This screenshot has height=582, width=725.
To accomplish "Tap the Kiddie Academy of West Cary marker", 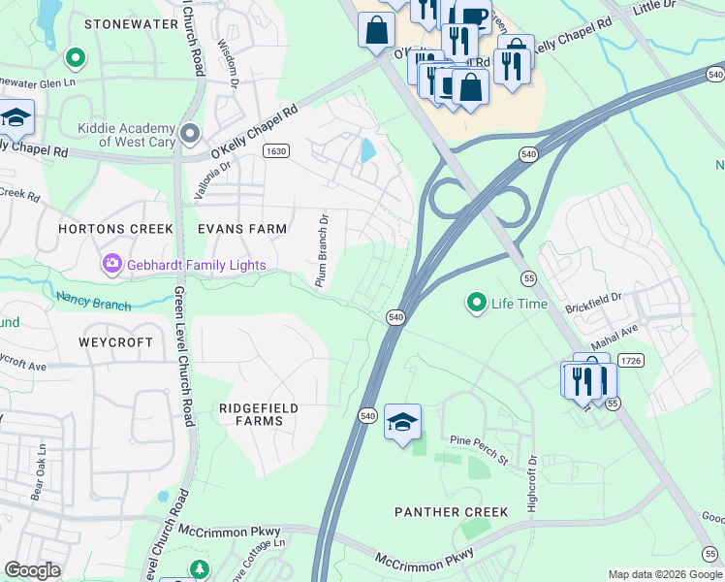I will click(x=190, y=131).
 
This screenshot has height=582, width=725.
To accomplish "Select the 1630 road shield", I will click(x=275, y=150).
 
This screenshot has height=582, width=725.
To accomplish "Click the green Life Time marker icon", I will click(x=476, y=304).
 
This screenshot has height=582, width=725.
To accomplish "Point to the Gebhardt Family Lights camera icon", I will click(x=112, y=263).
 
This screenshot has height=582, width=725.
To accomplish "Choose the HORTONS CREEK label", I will click(x=115, y=229).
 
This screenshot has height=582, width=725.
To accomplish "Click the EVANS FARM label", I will click(x=242, y=229).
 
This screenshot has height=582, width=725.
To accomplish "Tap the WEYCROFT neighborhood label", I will click(x=116, y=342).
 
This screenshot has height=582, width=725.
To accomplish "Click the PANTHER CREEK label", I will click(x=451, y=511).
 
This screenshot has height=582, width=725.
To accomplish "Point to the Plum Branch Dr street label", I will click(x=321, y=250).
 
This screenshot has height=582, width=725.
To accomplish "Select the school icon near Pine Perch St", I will click(x=402, y=421).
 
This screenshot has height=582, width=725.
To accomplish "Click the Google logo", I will click(x=33, y=569).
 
